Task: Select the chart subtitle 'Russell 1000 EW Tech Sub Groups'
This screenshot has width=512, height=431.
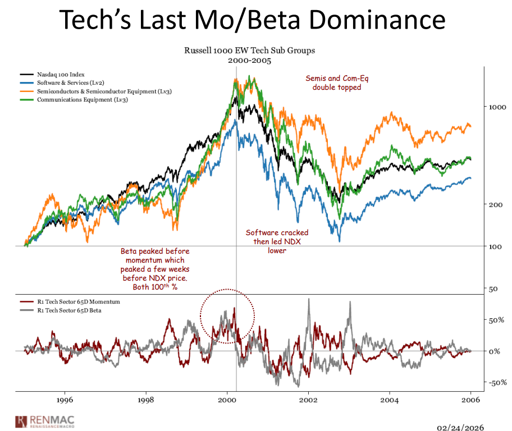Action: tap(250, 51)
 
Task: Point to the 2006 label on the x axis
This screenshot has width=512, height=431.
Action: tap(470, 401)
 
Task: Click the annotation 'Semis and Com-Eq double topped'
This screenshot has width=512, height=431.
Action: tap(333, 83)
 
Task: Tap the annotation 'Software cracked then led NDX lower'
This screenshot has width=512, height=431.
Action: tap(277, 241)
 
